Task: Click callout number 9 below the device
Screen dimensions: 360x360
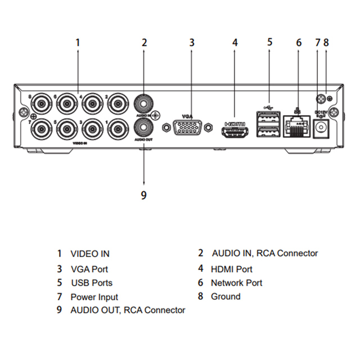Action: pyautogui.click(x=143, y=195)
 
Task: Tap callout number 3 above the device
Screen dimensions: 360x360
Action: pyautogui.click(x=191, y=42)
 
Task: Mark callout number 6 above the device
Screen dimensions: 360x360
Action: pyautogui.click(x=299, y=42)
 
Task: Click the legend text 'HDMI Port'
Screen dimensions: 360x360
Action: pyautogui.click(x=231, y=269)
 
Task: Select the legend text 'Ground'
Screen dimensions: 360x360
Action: pyautogui.click(x=225, y=296)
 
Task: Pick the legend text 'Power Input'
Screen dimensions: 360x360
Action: pyautogui.click(x=94, y=297)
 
